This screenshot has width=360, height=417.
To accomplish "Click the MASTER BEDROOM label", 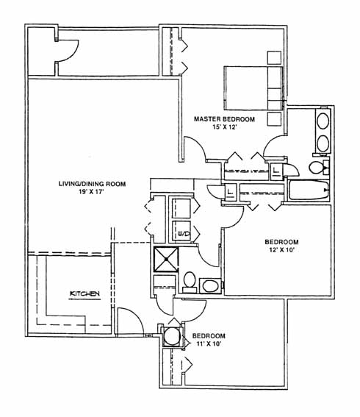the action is coord(224,119).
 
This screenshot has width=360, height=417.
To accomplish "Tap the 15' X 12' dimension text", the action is coord(225,127).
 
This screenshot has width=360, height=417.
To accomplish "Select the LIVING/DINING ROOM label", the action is coord(92,184).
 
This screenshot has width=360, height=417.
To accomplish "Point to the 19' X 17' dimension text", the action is coord(91,192).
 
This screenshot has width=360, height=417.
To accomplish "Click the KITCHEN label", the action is coord(84,293).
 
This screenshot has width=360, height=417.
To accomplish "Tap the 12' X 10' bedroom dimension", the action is coord(282,250).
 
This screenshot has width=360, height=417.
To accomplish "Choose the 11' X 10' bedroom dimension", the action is coord(209,344).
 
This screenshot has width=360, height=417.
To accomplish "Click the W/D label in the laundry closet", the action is coord(184,234).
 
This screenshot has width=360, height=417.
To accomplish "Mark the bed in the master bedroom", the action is coord(253,88).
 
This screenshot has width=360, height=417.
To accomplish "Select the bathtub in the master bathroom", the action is coord(309,190).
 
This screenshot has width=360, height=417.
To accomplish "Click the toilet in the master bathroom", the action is coord(319,168).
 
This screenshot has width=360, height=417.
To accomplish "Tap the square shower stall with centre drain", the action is coord(166,259).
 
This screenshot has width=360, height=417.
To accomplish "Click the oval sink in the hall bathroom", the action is coord(210,286).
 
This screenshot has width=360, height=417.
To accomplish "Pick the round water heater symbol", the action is coord(172,336).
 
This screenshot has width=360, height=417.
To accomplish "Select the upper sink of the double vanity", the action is coord(323,121).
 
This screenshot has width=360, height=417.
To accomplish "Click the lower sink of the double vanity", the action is coord(323,143).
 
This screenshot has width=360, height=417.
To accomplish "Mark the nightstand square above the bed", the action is coord(274,57).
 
